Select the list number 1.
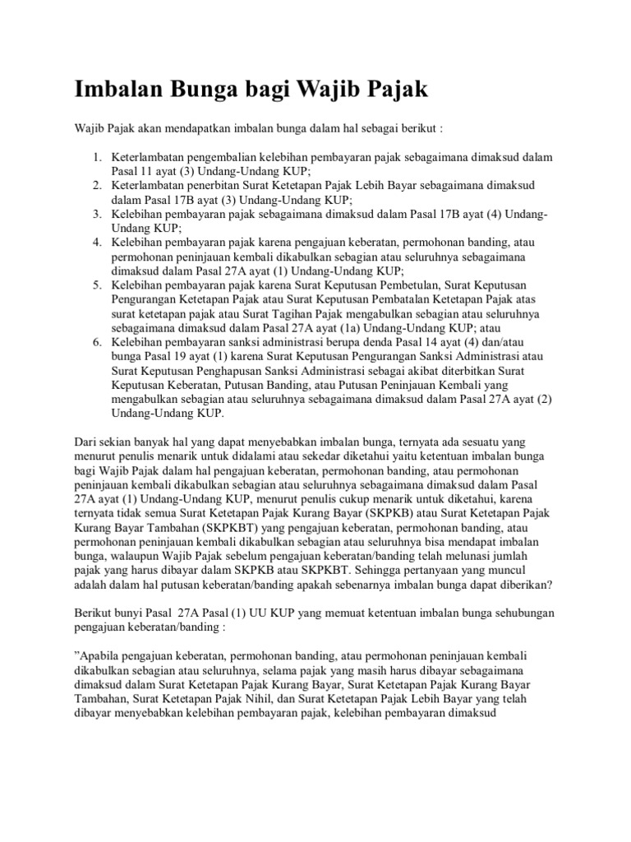95,156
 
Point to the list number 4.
95,243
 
